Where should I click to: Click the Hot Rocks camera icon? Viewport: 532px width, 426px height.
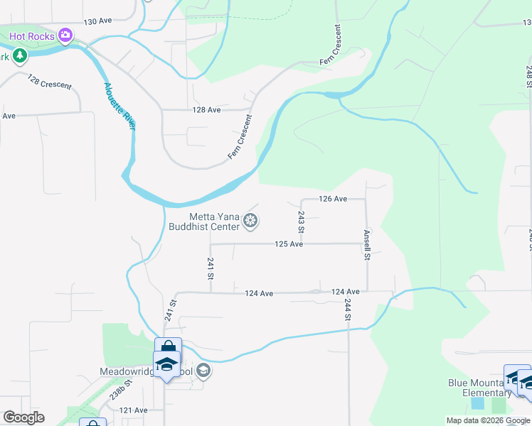tap(66, 35)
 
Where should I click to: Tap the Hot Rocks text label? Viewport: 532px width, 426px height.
tap(33, 35)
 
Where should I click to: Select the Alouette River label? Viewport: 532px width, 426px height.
tap(119, 106)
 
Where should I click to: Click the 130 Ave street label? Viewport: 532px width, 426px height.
tap(98, 22)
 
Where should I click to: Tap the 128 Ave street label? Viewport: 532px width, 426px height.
tap(206, 110)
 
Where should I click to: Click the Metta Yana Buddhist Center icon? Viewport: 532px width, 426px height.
tap(250, 222)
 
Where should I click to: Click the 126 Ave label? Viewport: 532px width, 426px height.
tap(332, 199)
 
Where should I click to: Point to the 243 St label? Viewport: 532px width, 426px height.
tap(301, 222)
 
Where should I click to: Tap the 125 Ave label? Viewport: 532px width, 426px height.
tap(289, 244)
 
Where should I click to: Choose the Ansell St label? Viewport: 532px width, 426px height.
tap(367, 245)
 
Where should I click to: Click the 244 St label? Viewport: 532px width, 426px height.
tap(348, 310)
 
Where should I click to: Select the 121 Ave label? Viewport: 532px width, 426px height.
tap(133, 410)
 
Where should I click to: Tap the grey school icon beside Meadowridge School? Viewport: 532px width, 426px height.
tap(203, 371)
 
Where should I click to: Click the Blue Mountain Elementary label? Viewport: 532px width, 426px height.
tap(480, 388)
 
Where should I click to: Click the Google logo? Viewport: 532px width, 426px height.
tap(23, 417)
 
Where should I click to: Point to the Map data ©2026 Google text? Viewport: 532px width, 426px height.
tap(487, 420)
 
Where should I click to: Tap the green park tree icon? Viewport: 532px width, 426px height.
tap(21, 55)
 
